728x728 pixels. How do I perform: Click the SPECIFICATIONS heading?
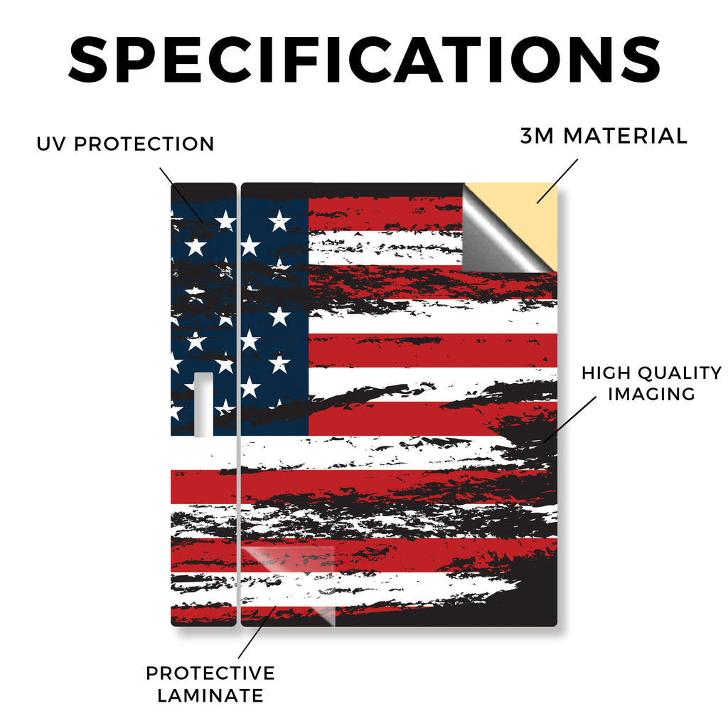(x=364, y=60)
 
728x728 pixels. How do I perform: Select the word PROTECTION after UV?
(x=144, y=144)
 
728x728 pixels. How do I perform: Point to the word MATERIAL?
(x=625, y=136)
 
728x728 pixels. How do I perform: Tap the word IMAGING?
(x=651, y=394)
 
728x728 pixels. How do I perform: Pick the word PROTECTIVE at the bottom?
(x=210, y=673)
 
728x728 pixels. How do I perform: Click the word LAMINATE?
(x=210, y=695)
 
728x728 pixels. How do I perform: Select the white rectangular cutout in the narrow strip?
(x=203, y=405)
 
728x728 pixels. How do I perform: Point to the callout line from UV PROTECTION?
(x=181, y=195)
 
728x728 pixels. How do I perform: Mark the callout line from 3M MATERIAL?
(x=557, y=181)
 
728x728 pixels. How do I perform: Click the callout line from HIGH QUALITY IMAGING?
(x=569, y=419)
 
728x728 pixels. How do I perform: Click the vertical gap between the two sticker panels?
(x=239, y=405)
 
